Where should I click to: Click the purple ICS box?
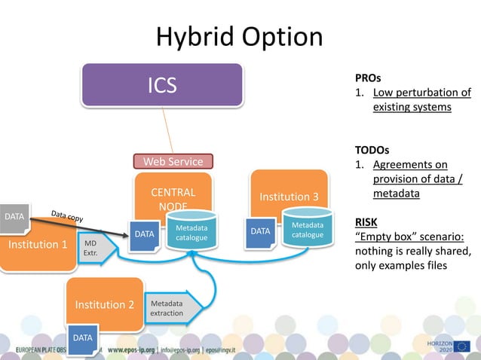click(162, 84)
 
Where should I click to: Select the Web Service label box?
click(173, 161)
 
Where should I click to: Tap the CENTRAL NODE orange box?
click(173, 198)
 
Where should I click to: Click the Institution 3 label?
click(290, 197)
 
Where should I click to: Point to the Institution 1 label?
click(38, 245)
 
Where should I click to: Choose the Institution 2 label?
click(104, 304)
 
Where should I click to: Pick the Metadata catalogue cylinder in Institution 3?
click(307, 230)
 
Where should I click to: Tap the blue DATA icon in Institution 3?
click(261, 231)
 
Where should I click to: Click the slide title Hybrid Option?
click(239, 37)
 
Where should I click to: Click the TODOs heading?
click(372, 149)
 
